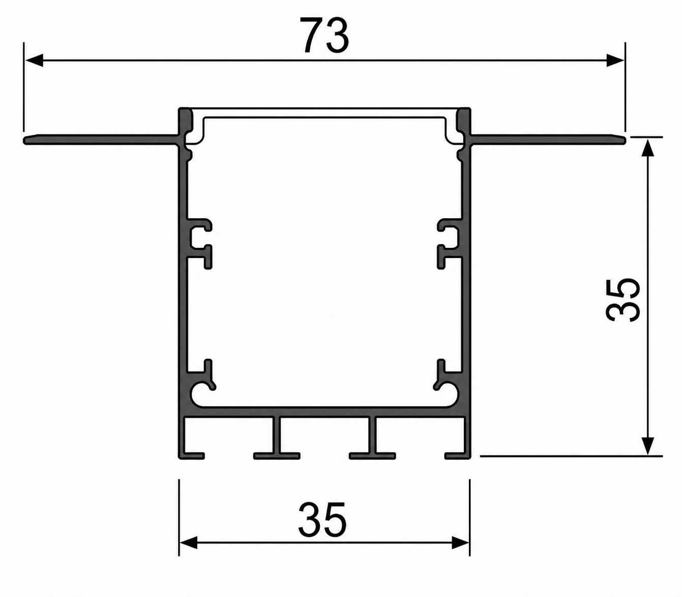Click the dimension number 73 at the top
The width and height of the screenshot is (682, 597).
324,36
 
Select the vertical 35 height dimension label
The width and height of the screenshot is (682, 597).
622,300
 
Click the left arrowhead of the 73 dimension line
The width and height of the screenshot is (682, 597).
34,61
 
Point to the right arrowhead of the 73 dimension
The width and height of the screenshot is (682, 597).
615,61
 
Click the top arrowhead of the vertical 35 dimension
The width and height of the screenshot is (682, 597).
647,149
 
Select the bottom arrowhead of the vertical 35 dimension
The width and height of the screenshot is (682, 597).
647,446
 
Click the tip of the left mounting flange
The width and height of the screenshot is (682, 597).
24,140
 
